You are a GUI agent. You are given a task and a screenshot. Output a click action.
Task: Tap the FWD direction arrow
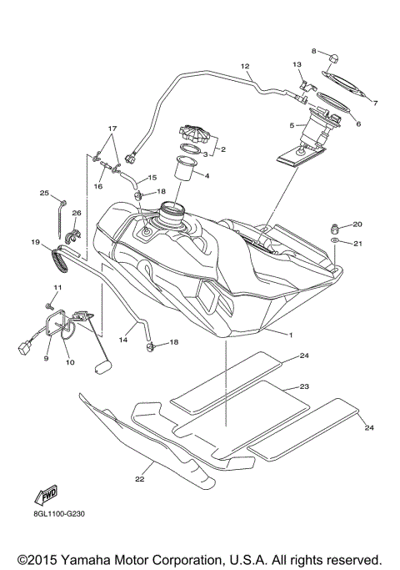[46, 495]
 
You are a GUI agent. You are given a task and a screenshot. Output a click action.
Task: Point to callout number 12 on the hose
[245, 65]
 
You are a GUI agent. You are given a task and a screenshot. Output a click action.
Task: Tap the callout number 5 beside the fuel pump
[291, 126]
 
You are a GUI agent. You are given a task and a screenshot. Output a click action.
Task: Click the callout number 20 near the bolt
[357, 224]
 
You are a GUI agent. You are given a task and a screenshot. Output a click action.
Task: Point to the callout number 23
[305, 387]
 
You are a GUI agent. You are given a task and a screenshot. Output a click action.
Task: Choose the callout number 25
[44, 194]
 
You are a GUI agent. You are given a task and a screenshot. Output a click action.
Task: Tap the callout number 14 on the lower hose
[122, 340]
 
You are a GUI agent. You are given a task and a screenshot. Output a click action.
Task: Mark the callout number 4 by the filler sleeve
[207, 175]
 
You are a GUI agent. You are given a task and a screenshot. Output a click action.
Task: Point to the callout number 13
[297, 64]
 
